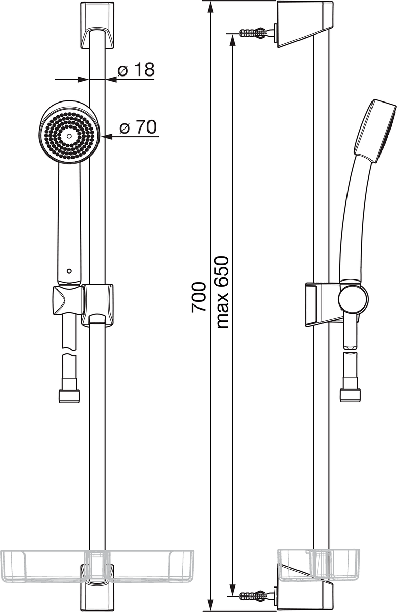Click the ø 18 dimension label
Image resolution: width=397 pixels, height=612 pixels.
click(136, 70)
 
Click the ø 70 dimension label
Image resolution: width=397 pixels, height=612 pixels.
click(138, 127)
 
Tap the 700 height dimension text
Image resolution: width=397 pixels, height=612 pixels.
click(199, 297)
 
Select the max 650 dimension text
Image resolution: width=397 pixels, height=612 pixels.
click(222, 292)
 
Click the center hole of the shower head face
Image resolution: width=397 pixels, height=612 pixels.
click(69, 136)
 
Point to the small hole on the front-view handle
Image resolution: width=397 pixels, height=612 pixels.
click(69, 271)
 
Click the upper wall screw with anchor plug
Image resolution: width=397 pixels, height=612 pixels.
click(253, 33)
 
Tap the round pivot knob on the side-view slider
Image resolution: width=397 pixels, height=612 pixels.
click(353, 299)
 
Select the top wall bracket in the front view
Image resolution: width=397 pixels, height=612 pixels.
click(97, 26)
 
